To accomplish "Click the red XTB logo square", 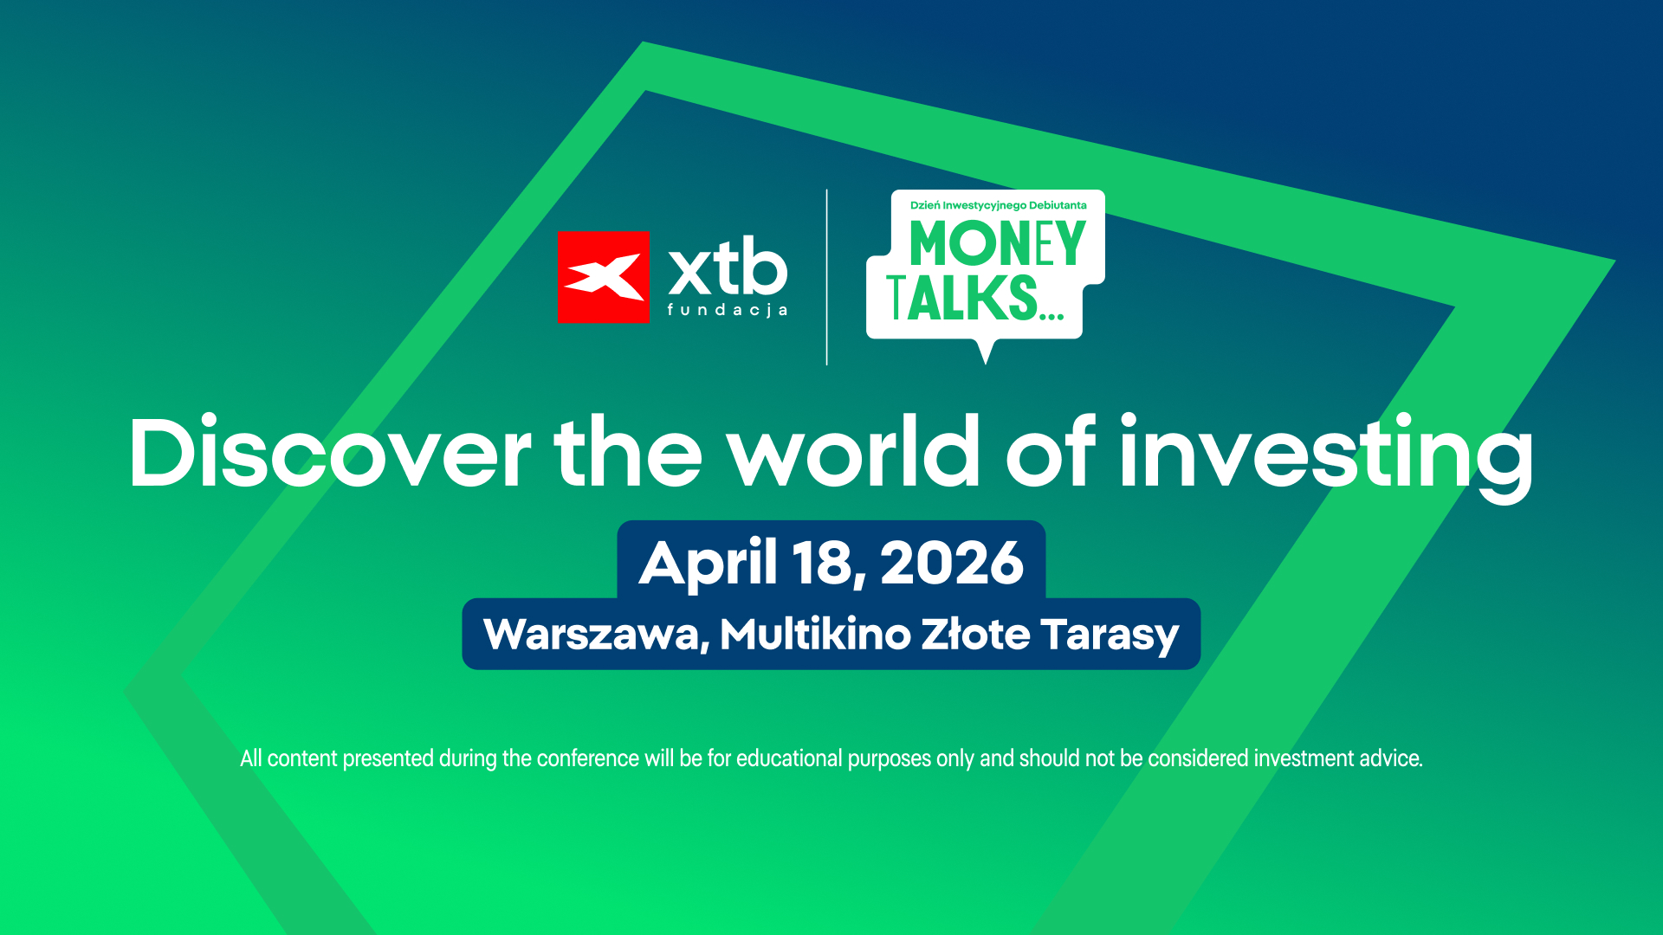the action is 603,277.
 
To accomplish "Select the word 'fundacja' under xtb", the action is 728,310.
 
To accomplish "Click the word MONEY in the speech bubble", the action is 998,243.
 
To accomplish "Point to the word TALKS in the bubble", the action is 962,298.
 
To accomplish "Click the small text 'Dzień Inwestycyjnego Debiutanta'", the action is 998,205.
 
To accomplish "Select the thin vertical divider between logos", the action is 827,277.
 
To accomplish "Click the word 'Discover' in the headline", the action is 330,452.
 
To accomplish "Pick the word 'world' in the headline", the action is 854,451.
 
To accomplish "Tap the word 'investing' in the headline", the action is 1326,457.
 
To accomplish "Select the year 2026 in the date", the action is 952,563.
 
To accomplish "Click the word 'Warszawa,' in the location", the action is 597,635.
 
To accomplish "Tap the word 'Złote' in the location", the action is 975,634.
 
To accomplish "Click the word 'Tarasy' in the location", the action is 1110,636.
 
